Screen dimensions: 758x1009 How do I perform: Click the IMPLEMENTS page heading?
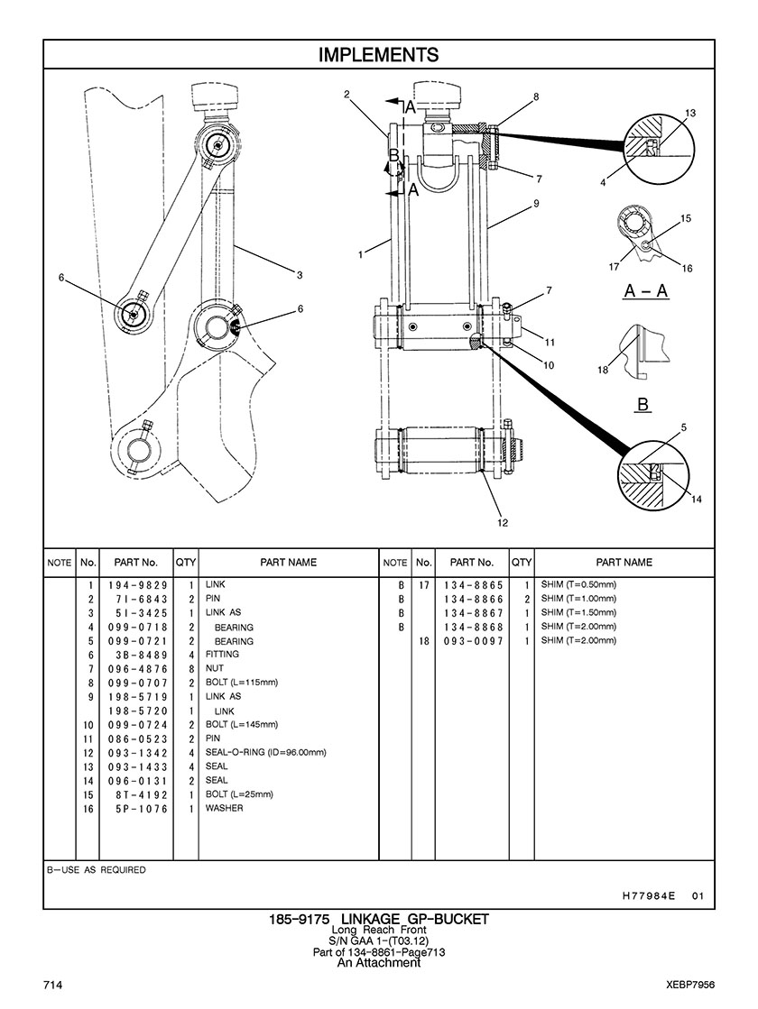[x=379, y=55]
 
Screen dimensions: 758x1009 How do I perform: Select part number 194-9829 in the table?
[x=138, y=585]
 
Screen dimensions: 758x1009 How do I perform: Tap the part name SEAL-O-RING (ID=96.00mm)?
[x=265, y=752]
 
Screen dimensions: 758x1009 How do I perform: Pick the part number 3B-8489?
[x=138, y=655]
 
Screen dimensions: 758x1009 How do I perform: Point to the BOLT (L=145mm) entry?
[x=242, y=725]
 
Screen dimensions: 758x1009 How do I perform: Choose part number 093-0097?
[x=474, y=641]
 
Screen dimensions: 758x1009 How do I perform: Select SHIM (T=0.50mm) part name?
[x=578, y=585]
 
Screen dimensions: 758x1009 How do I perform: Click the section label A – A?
[x=645, y=291]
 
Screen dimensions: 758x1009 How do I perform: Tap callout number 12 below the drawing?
[x=503, y=522]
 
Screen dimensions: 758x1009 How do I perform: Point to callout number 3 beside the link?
[x=300, y=275]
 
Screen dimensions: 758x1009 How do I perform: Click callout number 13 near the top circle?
[x=689, y=114]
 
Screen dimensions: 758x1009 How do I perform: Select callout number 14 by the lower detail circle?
[x=696, y=500]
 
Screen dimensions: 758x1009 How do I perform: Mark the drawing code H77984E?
[x=649, y=895]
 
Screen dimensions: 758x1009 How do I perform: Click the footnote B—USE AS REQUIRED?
[x=96, y=870]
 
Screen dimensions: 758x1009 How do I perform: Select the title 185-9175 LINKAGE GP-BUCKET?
[x=379, y=920]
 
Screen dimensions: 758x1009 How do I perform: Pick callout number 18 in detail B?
[x=603, y=370]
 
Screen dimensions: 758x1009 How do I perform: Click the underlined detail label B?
[x=642, y=405]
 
